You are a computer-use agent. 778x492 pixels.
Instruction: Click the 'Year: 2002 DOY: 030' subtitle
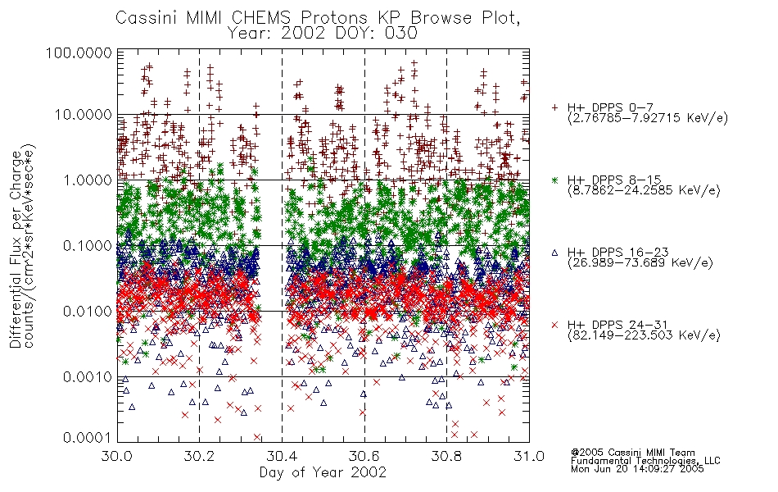tap(323, 33)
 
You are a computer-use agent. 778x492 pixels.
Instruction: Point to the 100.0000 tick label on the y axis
tap(79, 52)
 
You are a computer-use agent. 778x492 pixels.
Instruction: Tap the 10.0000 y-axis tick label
tap(83, 115)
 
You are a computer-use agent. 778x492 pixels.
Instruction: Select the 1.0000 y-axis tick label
tap(87, 180)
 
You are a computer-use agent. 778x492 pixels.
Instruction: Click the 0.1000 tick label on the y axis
tap(87, 245)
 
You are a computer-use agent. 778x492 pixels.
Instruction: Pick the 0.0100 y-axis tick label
tap(87, 312)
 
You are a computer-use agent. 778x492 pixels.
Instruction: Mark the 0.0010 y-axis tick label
tap(87, 377)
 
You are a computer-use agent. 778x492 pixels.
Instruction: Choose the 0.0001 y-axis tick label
tap(87, 438)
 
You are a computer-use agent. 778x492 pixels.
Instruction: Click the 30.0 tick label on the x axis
tap(117, 456)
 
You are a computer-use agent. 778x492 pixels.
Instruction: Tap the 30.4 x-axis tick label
tap(282, 456)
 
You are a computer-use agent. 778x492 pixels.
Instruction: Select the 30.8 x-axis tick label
tap(446, 456)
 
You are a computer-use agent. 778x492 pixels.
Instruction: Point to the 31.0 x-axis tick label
tap(529, 456)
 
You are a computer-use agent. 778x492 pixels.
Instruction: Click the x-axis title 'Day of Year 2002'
tap(323, 471)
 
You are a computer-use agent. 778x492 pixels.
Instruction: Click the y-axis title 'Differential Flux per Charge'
tap(16, 249)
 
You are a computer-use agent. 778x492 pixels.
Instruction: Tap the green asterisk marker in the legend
tap(554, 180)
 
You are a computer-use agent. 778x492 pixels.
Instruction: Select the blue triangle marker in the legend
tap(554, 253)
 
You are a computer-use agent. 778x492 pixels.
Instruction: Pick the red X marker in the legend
tap(554, 325)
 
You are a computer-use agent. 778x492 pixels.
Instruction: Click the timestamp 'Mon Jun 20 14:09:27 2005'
tap(637, 469)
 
